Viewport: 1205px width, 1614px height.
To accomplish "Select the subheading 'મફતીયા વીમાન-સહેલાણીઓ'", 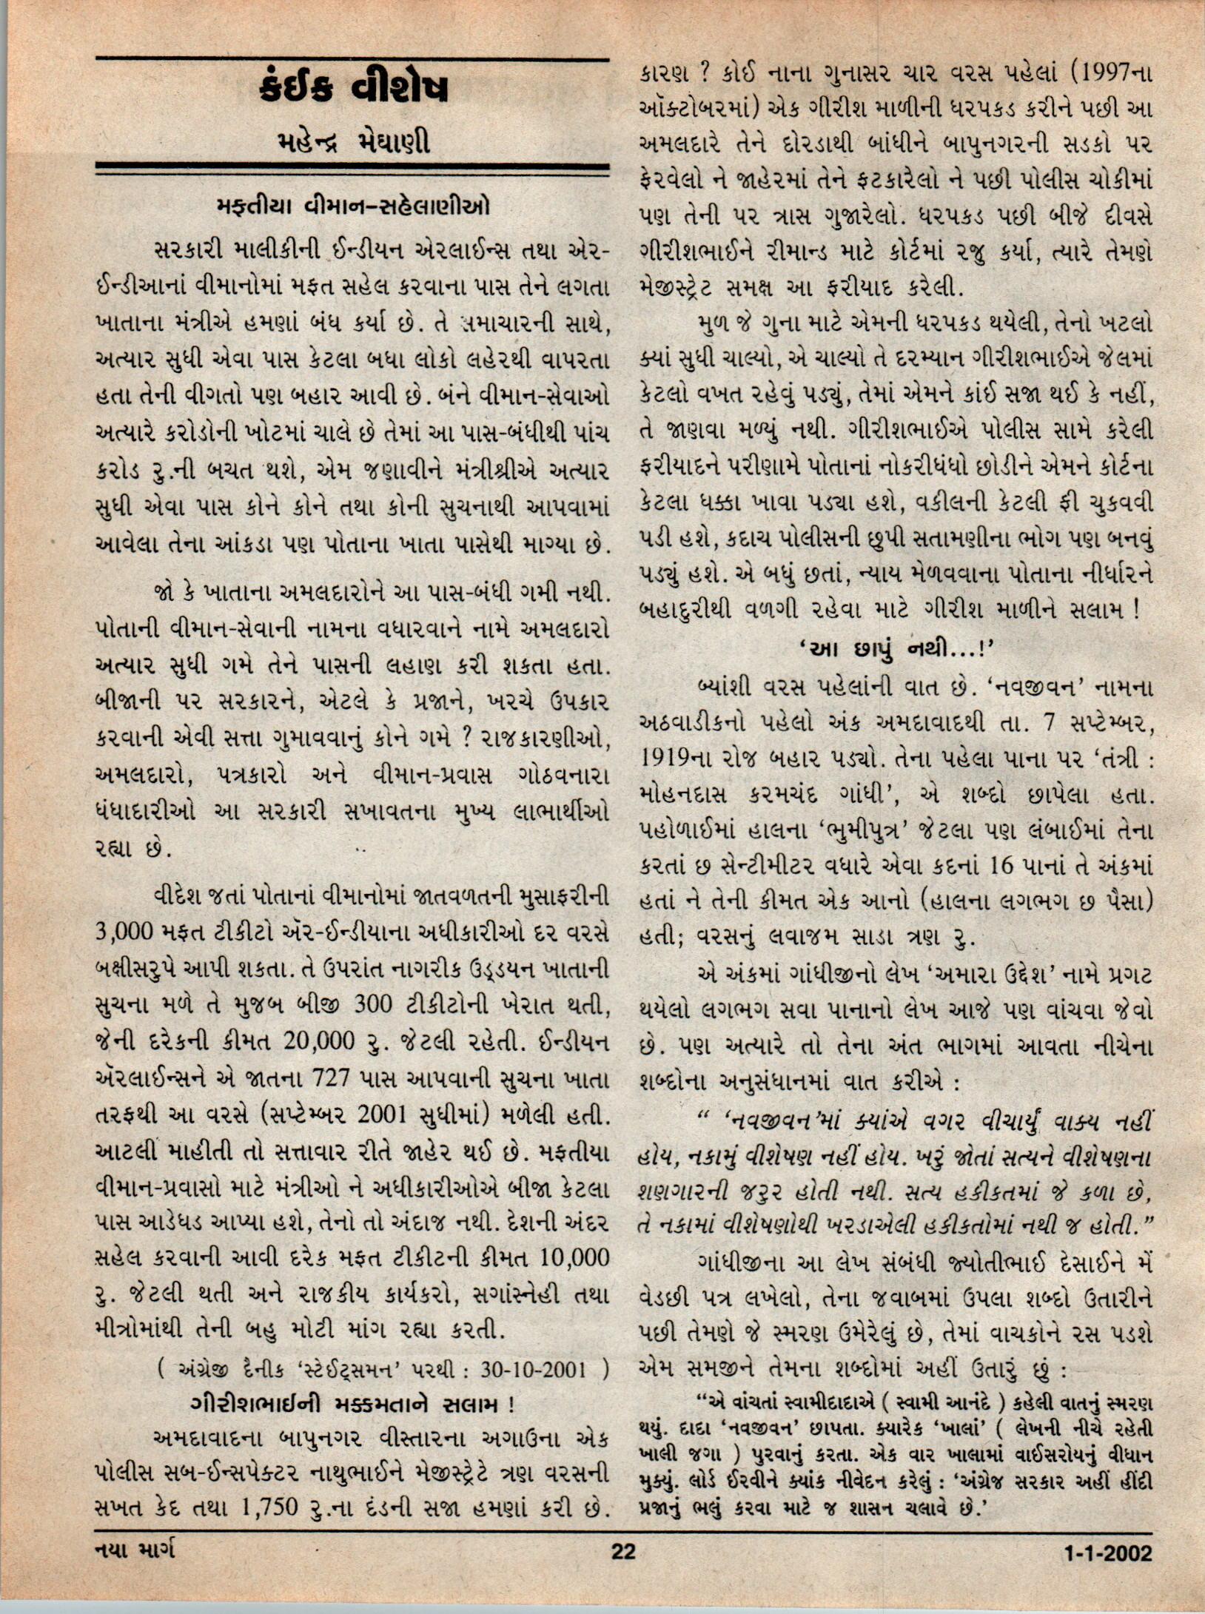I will click(x=353, y=206).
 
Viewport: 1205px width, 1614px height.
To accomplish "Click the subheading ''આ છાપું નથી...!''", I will click(x=896, y=650).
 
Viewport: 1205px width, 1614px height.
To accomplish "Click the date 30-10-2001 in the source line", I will click(x=532, y=1370).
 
